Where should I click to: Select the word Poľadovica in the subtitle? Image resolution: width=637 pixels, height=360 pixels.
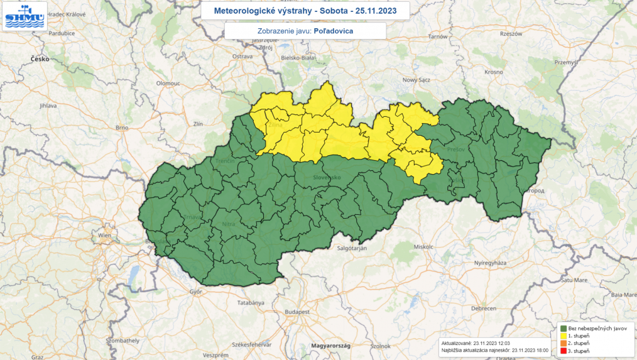[333, 31]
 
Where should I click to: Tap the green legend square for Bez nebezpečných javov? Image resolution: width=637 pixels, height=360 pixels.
[563, 328]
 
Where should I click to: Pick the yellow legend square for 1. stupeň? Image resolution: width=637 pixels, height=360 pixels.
[563, 336]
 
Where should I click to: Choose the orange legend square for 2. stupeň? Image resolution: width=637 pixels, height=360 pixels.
[563, 344]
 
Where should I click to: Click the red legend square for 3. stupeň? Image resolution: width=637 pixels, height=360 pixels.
[563, 351]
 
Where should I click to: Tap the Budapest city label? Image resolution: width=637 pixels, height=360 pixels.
[298, 311]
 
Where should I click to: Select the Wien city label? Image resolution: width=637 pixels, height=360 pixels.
[104, 235]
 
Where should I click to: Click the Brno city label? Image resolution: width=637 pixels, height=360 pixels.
[122, 128]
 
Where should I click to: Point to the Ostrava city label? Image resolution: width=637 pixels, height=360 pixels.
[242, 56]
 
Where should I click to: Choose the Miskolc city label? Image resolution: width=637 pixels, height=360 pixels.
[424, 247]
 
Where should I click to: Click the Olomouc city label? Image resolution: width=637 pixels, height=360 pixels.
[168, 83]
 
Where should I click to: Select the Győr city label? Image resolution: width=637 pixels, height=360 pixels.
[197, 292]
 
